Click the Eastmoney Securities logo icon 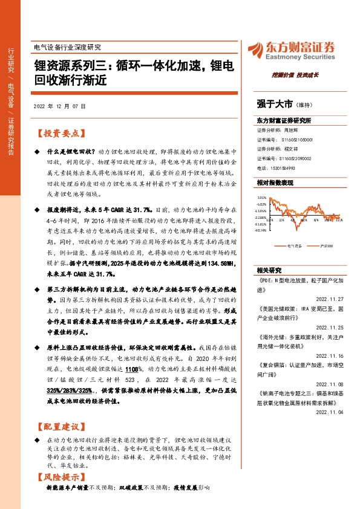click(x=254, y=49)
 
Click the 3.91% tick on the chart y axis click(x=261, y=197)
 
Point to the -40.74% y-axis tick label click(x=261, y=230)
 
